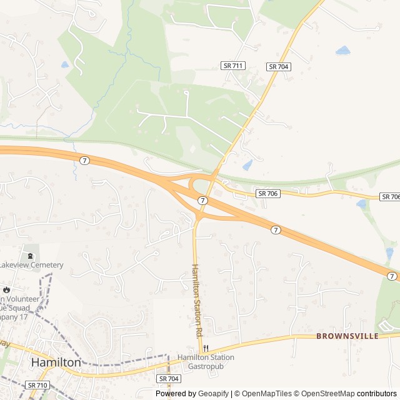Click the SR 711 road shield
pos(233,66)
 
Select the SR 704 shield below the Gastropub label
pos(169,379)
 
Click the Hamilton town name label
pos(56,362)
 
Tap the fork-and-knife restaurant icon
pos(206,349)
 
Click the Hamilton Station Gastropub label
pos(206,361)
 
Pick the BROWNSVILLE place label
pos(347,336)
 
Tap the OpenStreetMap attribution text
pos(325,394)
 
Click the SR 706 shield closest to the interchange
pos(268,194)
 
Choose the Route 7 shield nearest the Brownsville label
pos(392,276)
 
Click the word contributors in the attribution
pos(377,394)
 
